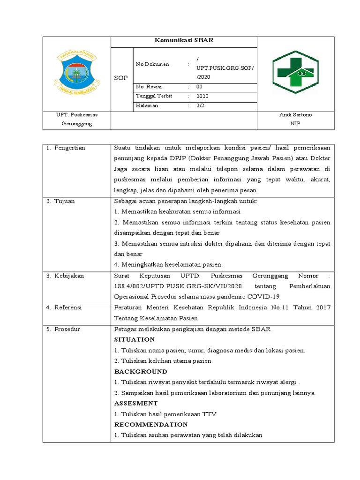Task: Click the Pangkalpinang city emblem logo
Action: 77,73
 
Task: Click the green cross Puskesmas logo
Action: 296,73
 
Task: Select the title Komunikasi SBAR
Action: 184,41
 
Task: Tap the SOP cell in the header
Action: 121,78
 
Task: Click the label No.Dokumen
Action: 152,64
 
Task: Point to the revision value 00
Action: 199,87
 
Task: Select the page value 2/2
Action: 200,105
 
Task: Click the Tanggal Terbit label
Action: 154,96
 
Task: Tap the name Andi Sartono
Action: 295,115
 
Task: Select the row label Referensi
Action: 68,307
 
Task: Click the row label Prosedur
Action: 67,329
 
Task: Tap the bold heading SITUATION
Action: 135,339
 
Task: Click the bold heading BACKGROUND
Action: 141,371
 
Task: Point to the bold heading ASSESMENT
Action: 136,403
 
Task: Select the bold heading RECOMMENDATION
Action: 151,425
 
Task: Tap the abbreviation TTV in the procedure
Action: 210,414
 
